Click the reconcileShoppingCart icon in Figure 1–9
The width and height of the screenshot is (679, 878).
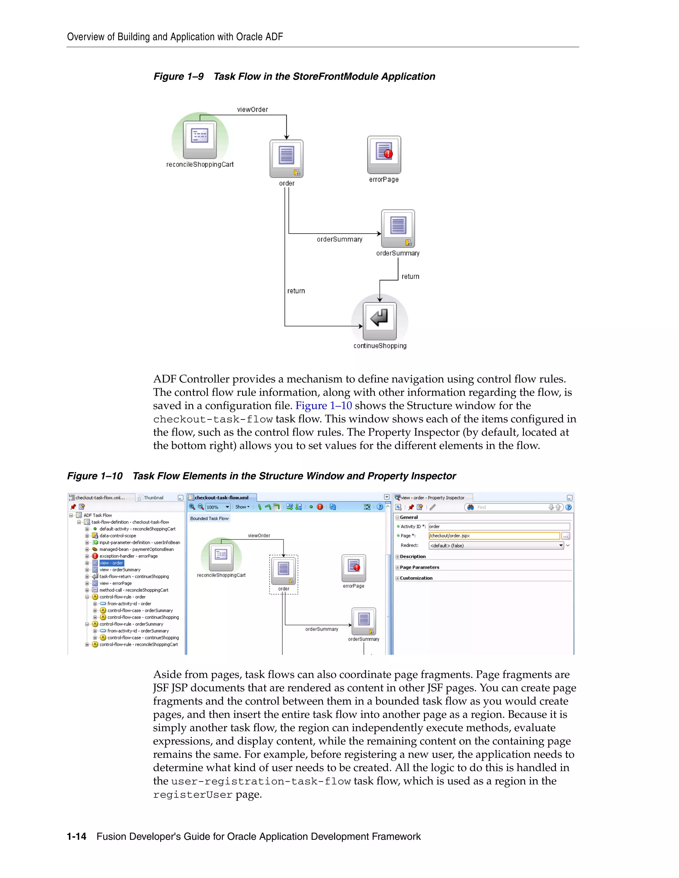click(200, 139)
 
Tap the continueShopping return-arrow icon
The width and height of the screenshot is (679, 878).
click(379, 320)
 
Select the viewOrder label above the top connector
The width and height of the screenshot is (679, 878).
click(252, 109)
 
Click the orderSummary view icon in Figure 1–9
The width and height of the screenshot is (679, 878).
click(398, 228)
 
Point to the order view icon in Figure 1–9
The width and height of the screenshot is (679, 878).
click(286, 158)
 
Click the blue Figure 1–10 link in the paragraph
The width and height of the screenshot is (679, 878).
click(323, 406)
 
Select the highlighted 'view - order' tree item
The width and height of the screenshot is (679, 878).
click(111, 563)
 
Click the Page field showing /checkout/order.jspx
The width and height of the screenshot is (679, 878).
click(494, 536)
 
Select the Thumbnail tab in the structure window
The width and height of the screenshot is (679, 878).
click(153, 498)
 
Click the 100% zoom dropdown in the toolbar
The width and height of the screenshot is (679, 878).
click(217, 507)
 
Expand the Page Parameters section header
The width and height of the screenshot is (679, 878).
click(419, 567)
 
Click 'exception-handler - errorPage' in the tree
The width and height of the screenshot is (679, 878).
click(128, 556)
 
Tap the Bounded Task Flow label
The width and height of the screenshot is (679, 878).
click(209, 519)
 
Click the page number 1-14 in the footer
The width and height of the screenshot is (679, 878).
click(77, 836)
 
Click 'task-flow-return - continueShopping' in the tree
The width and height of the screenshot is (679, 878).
click(134, 576)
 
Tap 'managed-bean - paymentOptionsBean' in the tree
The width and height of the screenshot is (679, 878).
click(136, 549)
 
